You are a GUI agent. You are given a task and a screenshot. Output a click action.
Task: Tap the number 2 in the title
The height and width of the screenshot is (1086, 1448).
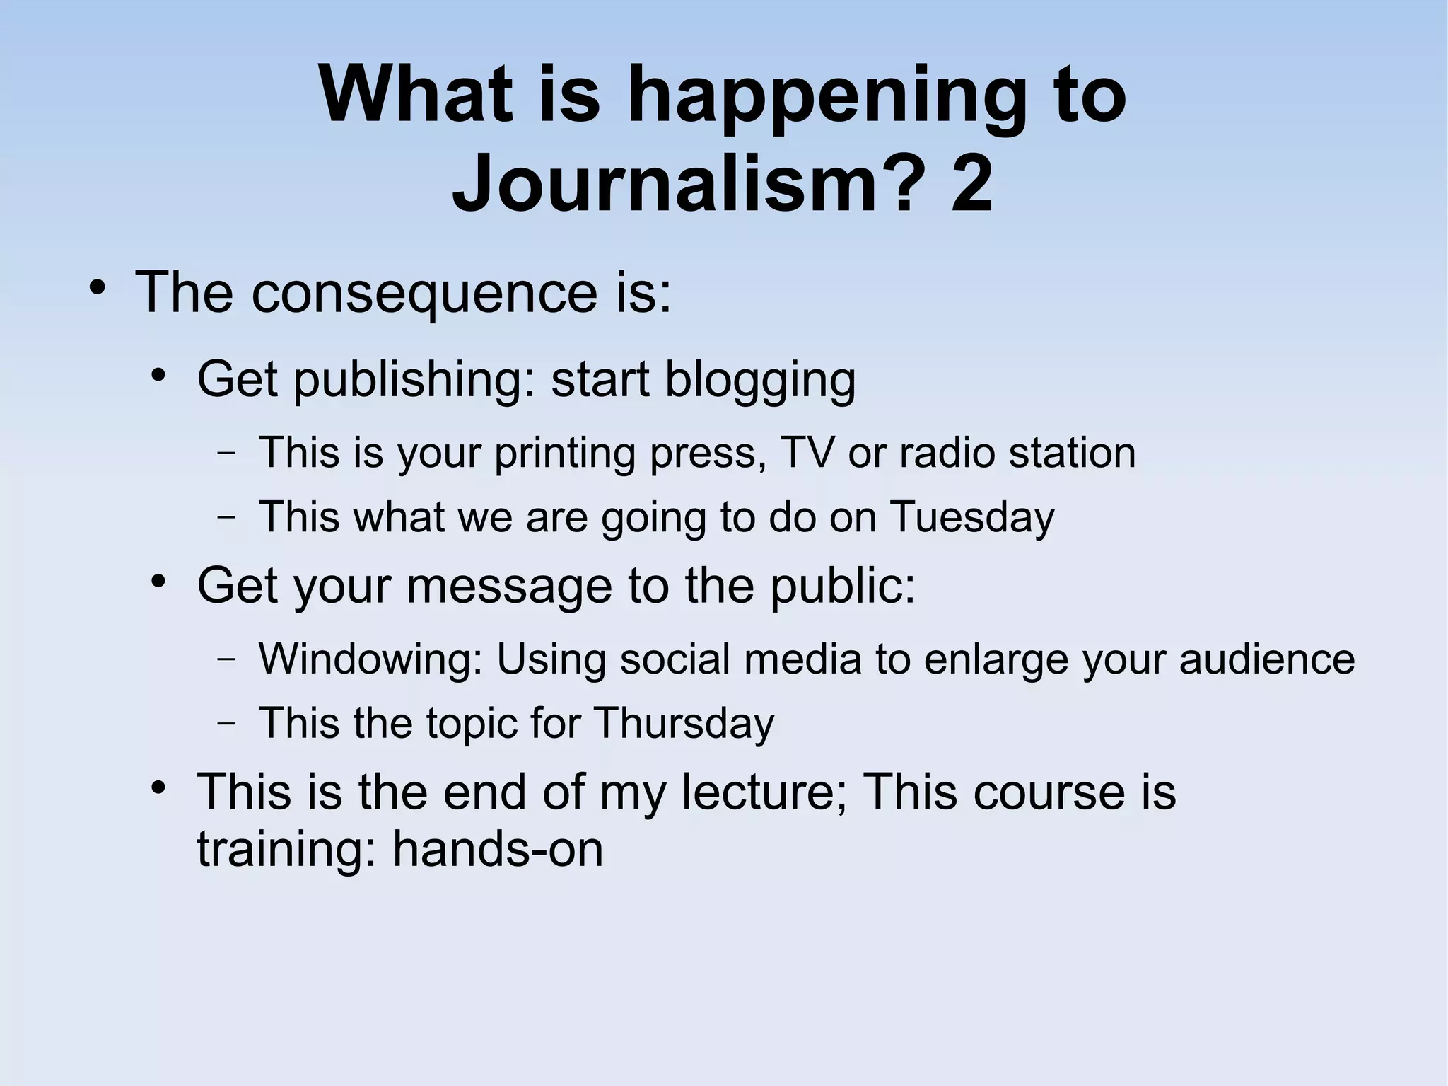point(971,185)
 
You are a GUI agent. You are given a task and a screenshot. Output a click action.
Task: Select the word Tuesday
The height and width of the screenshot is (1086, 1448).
point(971,517)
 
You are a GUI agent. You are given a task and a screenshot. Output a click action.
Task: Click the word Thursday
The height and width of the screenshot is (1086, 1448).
point(684,723)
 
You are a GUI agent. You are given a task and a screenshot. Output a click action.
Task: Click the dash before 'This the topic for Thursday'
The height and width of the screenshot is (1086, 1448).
point(226,723)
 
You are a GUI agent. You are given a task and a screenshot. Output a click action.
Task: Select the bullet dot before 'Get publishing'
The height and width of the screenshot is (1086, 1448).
point(158,375)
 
